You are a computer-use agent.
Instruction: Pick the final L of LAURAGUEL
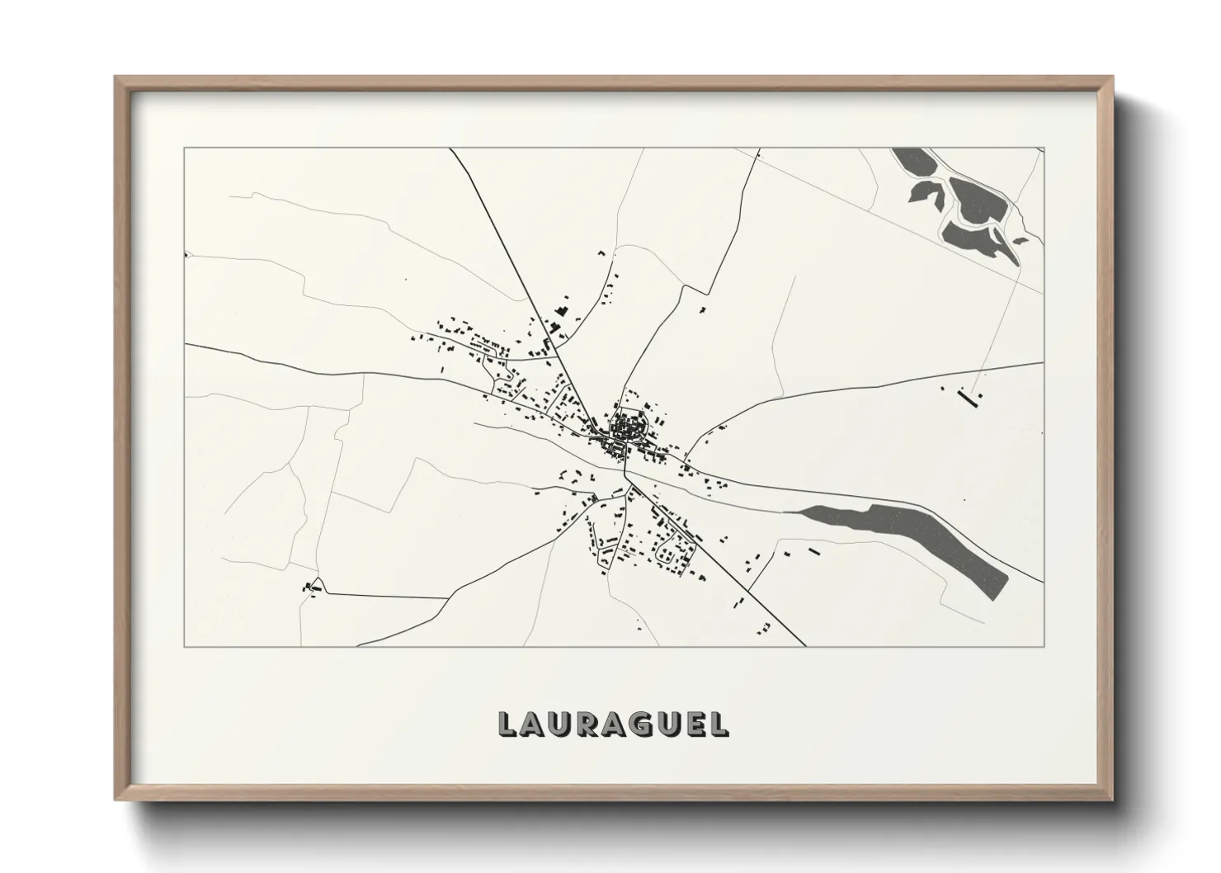tap(721, 724)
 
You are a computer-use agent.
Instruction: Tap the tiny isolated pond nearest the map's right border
tap(1021, 241)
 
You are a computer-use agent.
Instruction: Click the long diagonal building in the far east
tap(965, 397)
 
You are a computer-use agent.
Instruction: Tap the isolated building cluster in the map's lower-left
tap(311, 587)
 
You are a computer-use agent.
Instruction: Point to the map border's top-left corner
tap(185, 149)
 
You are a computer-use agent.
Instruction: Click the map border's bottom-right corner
tap(1044, 646)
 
